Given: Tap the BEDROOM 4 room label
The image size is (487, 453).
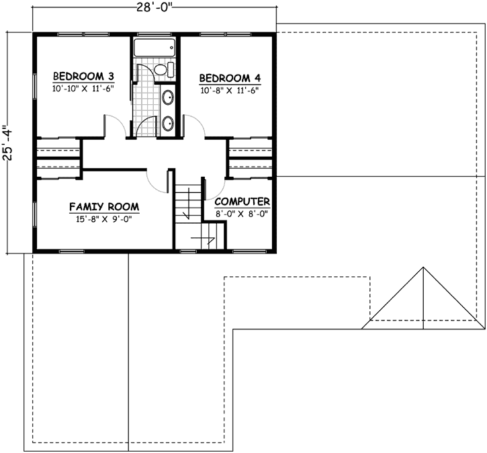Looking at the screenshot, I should point(229,77).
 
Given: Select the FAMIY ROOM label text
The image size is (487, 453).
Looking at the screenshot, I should point(103,207).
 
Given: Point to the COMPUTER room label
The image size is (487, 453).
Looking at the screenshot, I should point(242,202).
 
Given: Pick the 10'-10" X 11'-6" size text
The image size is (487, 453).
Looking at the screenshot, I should point(84,88).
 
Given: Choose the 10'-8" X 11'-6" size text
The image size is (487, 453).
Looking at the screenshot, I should point(229,90).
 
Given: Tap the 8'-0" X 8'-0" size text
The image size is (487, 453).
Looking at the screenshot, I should point(242,214).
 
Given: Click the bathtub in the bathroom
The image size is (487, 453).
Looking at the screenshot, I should point(154,48).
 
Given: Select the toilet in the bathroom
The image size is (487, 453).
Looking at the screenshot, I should point(163,70).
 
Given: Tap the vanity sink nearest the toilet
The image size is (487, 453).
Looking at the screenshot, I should point(168,99).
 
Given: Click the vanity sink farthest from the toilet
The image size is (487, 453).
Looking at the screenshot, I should point(168,122).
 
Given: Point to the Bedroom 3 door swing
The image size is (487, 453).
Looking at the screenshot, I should point(114,126).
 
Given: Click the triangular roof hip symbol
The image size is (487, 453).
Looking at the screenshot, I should point(423,299).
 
